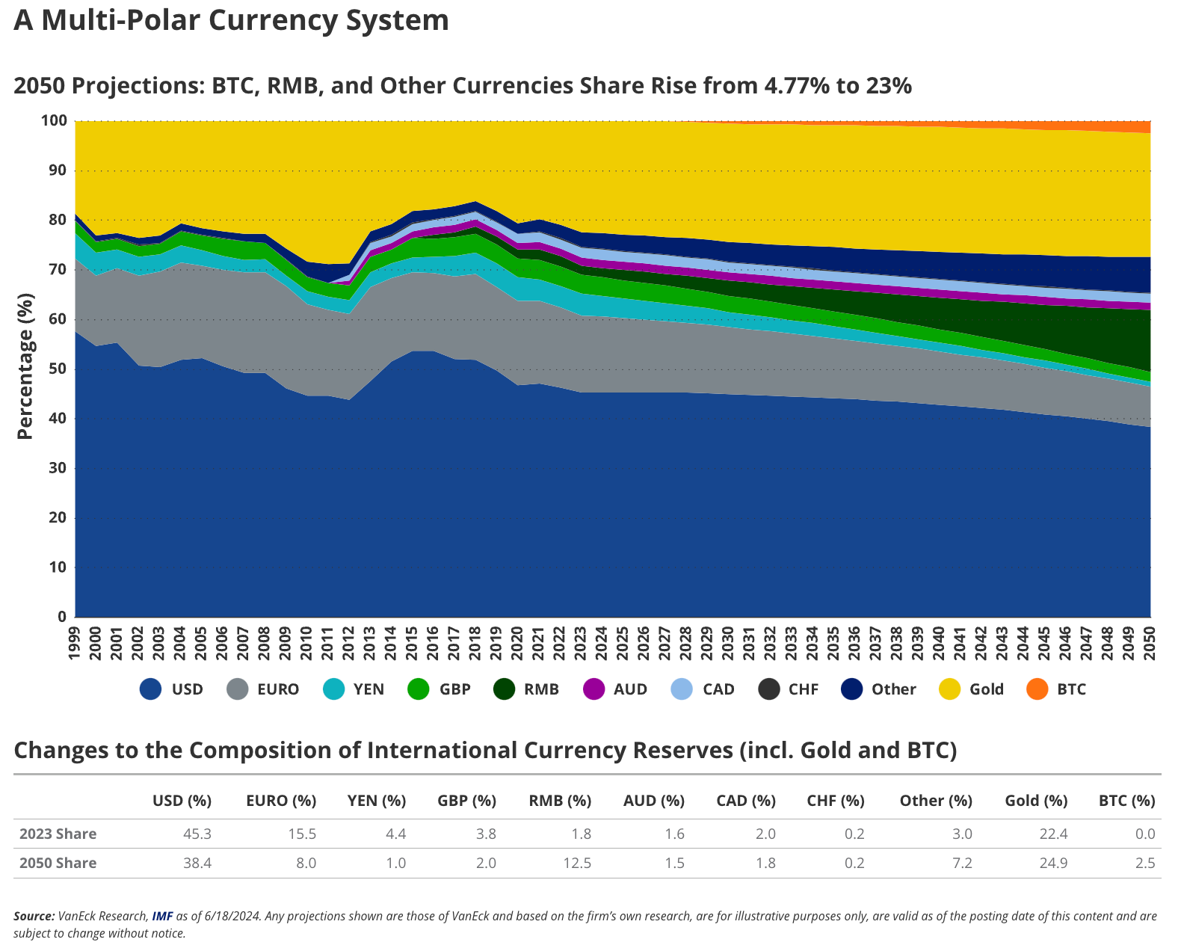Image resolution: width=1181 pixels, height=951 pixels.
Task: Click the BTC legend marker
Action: tap(1037, 689)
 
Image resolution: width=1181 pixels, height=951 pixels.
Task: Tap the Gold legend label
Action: tap(986, 689)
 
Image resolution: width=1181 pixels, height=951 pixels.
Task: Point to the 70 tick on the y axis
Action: tap(58, 270)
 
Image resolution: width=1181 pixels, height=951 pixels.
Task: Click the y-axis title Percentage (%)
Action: tap(25, 367)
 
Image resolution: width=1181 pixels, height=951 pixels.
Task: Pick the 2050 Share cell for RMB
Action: tap(577, 864)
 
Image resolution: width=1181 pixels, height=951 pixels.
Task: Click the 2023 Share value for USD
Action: tap(197, 834)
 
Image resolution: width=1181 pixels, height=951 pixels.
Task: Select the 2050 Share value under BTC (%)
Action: tap(1145, 864)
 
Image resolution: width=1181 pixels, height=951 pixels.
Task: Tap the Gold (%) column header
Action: tap(1036, 801)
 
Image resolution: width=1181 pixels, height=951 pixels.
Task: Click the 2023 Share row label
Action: tap(58, 834)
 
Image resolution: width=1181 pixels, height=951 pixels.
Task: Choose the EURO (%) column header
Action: tap(281, 801)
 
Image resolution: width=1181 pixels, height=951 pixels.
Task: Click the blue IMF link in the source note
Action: tap(162, 916)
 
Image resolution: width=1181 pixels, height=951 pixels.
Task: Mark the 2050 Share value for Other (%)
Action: tap(962, 864)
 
